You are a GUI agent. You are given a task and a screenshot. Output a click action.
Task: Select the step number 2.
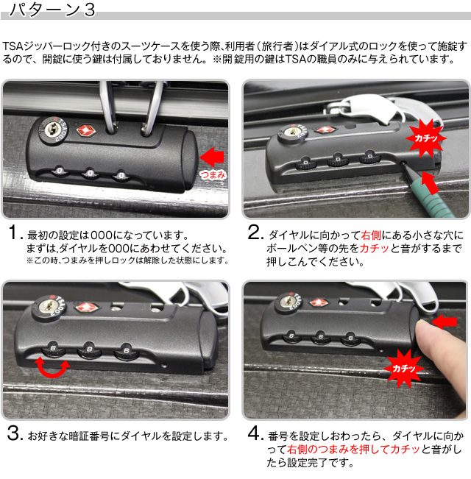tap(255, 236)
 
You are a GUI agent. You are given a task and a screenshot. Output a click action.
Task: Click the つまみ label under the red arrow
tap(212, 175)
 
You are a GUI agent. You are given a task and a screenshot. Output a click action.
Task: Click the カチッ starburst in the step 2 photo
tap(425, 136)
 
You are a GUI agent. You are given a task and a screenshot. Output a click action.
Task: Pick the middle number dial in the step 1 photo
tap(88, 175)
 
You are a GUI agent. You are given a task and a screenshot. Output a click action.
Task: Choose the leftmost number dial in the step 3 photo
tap(49, 347)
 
